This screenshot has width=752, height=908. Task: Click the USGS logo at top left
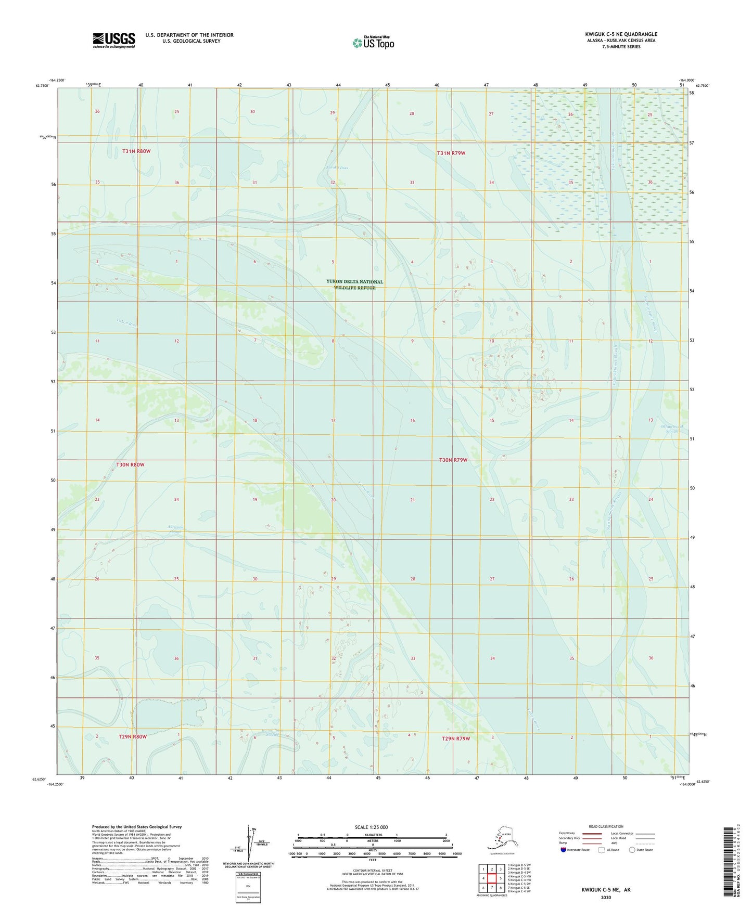[x=113, y=40]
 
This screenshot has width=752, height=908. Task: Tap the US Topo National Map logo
[x=373, y=42]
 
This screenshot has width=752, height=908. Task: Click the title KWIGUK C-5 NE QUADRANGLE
[x=620, y=34]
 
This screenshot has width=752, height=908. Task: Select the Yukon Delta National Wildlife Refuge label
[x=354, y=284]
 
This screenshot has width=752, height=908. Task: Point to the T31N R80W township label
[x=136, y=151]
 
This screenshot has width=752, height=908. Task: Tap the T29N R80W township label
[x=132, y=737]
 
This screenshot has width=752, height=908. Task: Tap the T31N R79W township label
[x=451, y=153]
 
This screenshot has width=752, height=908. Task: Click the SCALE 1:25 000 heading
[x=372, y=827]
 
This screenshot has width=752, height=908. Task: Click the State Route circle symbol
[x=632, y=850]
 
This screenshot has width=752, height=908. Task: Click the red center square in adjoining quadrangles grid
[x=492, y=878]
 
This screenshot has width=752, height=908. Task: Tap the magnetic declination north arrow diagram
[x=248, y=842]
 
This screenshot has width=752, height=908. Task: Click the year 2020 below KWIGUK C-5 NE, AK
[x=605, y=897]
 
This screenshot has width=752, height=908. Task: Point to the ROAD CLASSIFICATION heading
[x=606, y=826]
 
